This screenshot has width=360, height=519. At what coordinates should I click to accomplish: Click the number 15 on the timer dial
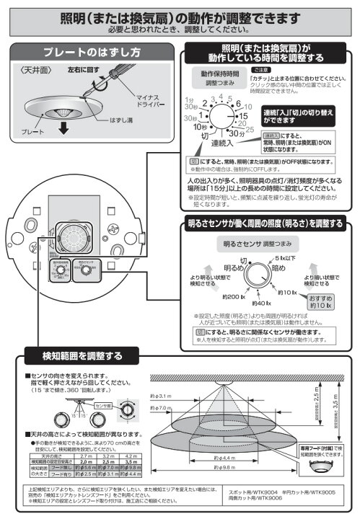click(x=243, y=115)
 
